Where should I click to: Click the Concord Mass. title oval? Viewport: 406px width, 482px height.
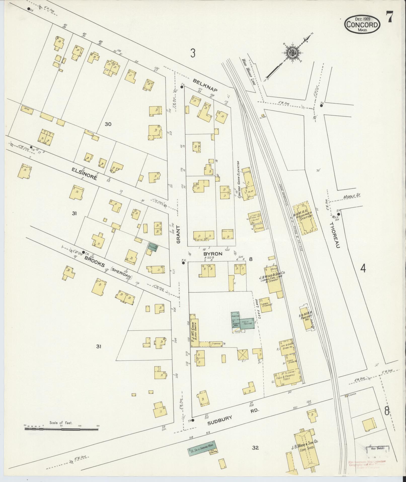coord(362,24)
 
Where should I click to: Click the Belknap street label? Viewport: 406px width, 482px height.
coord(205,85)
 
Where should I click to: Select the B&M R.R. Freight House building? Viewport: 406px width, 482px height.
coord(306,318)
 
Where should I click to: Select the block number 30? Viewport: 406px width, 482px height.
coord(108,124)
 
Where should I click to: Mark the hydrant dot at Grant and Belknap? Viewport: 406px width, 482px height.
coord(181,87)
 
